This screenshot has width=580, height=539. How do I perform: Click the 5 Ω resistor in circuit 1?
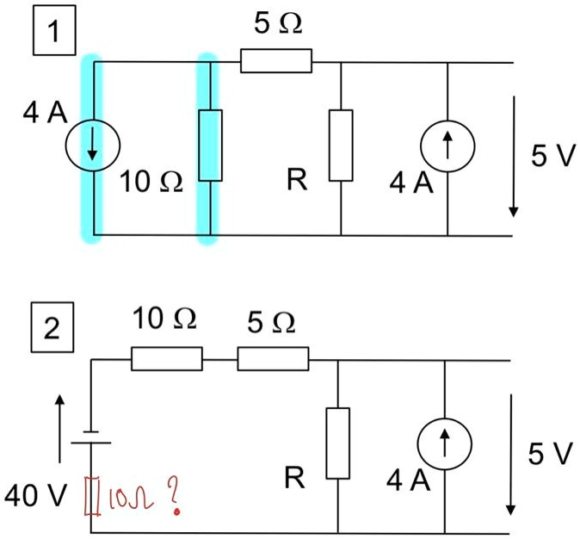pyautogui.click(x=275, y=61)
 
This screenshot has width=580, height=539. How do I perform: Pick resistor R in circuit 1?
pyautogui.click(x=341, y=146)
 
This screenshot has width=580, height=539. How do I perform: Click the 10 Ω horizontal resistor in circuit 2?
pyautogui.click(x=167, y=358)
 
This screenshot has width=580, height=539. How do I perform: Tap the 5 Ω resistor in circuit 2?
pyautogui.click(x=273, y=358)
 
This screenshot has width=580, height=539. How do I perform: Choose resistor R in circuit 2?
pyautogui.click(x=338, y=443)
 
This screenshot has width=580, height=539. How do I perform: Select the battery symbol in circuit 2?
pyautogui.click(x=92, y=438)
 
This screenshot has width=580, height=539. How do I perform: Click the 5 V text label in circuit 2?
pyautogui.click(x=548, y=455)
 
